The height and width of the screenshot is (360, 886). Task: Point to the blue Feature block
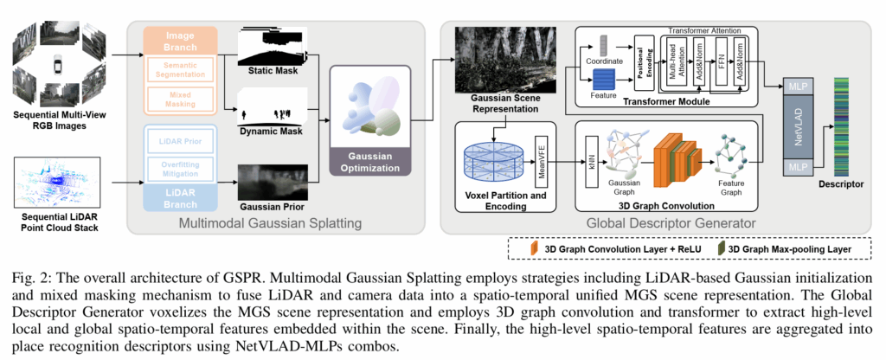click(x=603, y=79)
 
